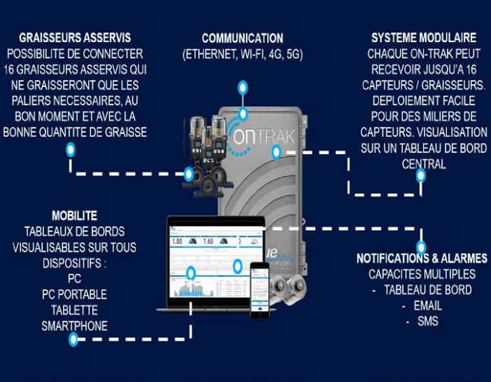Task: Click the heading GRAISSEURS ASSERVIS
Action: (x=75, y=38)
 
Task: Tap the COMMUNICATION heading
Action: (x=242, y=38)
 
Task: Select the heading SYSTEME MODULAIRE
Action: (x=424, y=38)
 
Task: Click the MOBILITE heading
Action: (x=74, y=215)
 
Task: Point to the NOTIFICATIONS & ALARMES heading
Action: (x=422, y=259)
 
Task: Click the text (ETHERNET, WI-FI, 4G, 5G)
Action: (x=242, y=54)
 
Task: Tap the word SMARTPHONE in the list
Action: (x=74, y=325)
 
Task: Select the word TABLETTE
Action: (x=74, y=310)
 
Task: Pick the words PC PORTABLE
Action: (x=74, y=294)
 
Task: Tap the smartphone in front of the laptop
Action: (x=260, y=289)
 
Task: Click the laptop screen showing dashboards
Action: (x=215, y=262)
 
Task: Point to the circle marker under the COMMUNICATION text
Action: (x=242, y=88)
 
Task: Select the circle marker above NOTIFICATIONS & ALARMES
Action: (x=421, y=247)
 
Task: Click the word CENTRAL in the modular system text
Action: (x=424, y=163)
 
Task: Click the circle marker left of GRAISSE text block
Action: (x=70, y=149)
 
